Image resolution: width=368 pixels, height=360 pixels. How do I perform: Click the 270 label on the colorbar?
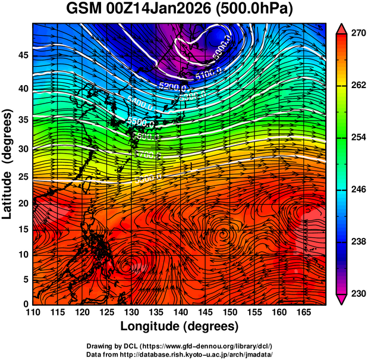358,33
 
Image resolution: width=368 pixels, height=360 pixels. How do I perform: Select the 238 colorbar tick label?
358,242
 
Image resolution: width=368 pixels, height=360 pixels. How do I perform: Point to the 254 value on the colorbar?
358,137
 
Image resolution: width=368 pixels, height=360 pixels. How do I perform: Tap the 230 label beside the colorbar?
358,293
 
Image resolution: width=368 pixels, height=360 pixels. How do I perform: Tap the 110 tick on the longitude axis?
33,312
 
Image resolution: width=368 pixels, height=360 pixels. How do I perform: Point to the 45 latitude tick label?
22,55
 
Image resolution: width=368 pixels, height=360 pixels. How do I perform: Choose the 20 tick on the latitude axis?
22,203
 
